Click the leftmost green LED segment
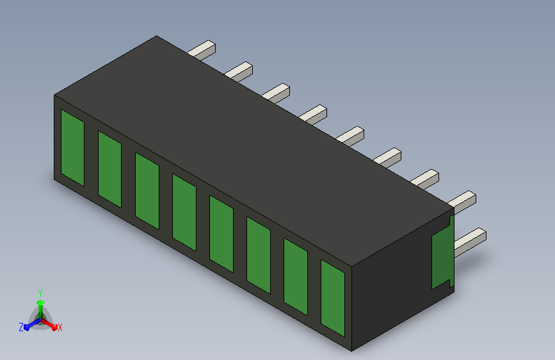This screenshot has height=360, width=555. (72, 147)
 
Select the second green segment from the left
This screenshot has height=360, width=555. (109, 169)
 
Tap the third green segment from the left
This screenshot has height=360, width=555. (147, 191)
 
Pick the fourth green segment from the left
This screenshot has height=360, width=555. (184, 212)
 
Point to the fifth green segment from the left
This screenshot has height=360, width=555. (221, 234)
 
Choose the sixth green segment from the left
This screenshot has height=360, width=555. (259, 256)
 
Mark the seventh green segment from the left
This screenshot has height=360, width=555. (296, 277)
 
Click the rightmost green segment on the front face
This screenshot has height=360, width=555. (333, 299)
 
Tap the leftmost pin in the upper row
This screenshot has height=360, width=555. (202, 50)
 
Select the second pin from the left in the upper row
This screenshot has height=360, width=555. (239, 72)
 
